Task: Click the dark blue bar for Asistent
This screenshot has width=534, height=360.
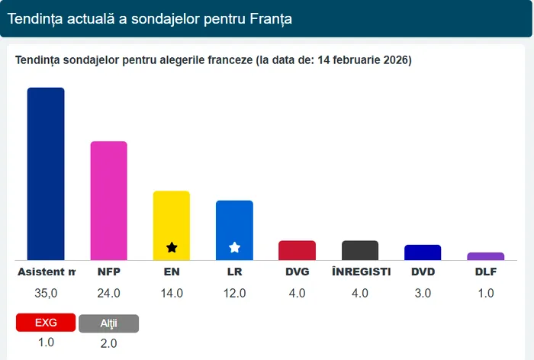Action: pyautogui.click(x=46, y=174)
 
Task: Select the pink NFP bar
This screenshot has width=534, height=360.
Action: pyautogui.click(x=109, y=201)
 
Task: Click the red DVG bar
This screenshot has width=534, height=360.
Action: pyautogui.click(x=297, y=250)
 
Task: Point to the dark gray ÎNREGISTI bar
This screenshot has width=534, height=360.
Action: pyautogui.click(x=360, y=250)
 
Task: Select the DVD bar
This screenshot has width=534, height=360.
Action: pyautogui.click(x=423, y=252)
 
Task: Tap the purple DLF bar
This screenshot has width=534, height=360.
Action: pyautogui.click(x=485, y=256)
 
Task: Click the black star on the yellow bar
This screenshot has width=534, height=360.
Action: pyautogui.click(x=172, y=247)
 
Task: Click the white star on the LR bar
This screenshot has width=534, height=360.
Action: pyautogui.click(x=235, y=247)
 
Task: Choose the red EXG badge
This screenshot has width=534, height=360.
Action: pyautogui.click(x=46, y=323)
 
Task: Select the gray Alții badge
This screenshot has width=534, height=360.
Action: pyautogui.click(x=108, y=323)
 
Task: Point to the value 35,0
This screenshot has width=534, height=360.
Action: pyautogui.click(x=46, y=293)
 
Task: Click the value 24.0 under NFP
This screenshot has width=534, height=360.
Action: pyautogui.click(x=109, y=293)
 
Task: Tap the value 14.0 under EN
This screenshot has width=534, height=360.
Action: pyautogui.click(x=172, y=293)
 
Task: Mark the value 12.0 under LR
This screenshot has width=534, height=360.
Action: pyautogui.click(x=234, y=293)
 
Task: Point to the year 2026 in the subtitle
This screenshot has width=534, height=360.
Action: pyautogui.click(x=396, y=60)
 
